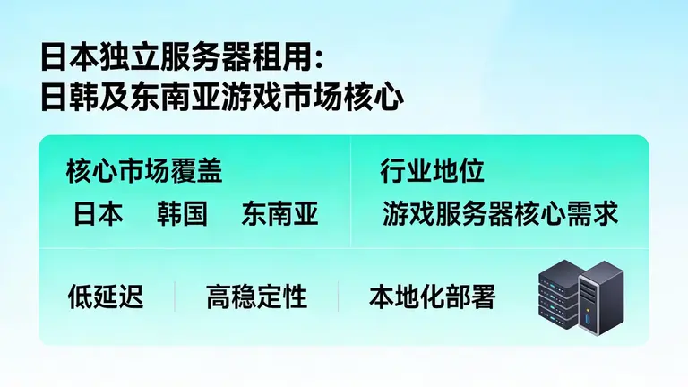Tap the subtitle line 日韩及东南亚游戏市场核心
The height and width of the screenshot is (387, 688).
tap(220, 96)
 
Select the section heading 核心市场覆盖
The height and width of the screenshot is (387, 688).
tap(143, 171)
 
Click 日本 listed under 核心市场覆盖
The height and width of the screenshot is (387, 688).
tap(99, 214)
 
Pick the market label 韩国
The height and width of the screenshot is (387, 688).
tap(182, 214)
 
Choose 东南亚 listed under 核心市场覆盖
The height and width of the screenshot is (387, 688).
tap(279, 214)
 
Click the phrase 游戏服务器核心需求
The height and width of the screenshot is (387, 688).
tap(500, 214)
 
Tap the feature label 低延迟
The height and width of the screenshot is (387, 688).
tap(106, 297)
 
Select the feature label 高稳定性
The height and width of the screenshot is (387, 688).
tap(256, 297)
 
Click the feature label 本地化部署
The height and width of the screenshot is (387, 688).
tap(432, 297)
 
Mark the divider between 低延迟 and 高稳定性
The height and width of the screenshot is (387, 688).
tap(175, 297)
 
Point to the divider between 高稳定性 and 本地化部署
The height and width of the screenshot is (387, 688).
tap(338, 297)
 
